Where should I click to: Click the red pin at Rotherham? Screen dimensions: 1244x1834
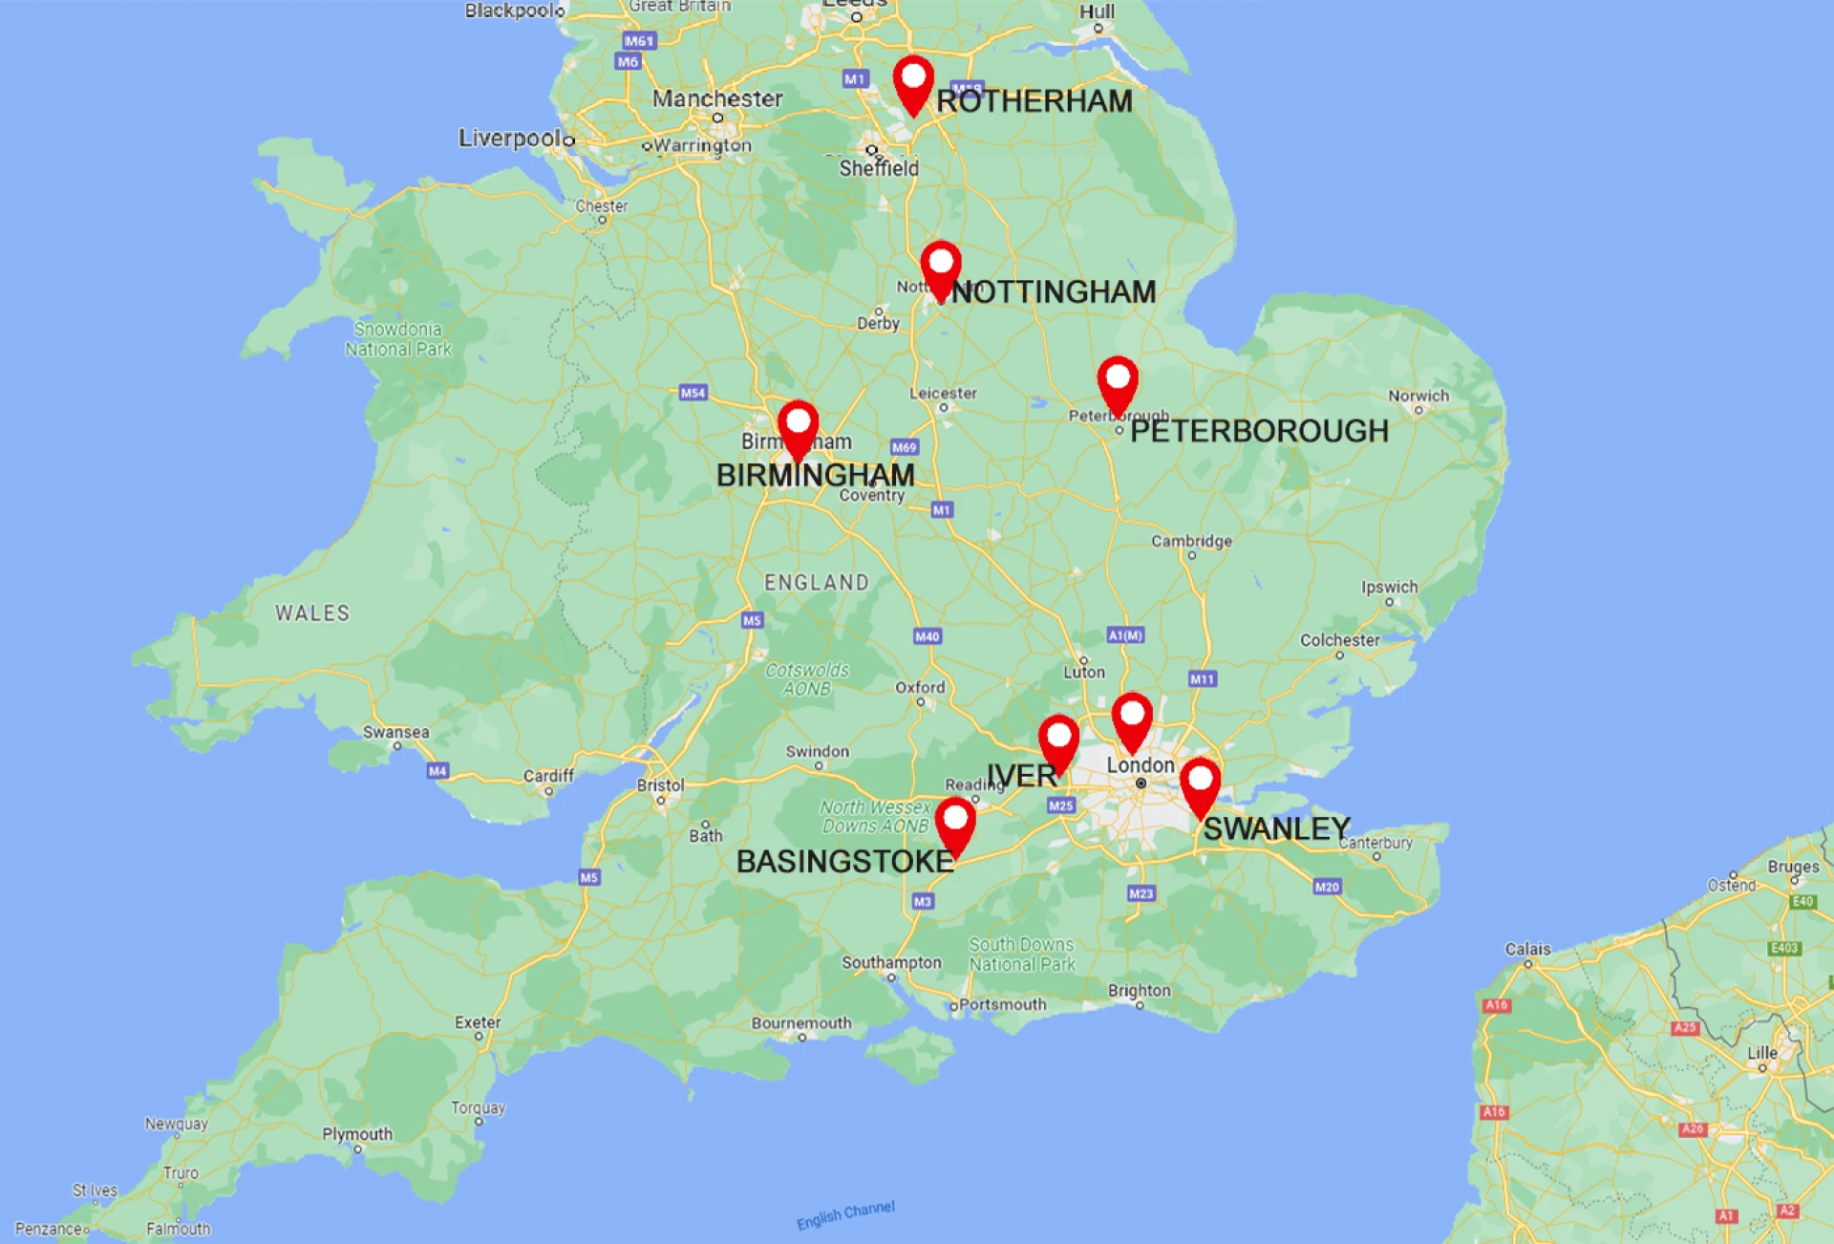pyautogui.click(x=913, y=81)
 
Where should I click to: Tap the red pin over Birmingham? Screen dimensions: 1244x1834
pyautogui.click(x=798, y=426)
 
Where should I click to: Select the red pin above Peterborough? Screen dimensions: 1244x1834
pyautogui.click(x=1117, y=382)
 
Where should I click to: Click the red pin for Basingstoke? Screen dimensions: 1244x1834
pyautogui.click(x=955, y=823)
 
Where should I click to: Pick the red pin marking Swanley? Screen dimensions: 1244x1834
pyautogui.click(x=1200, y=784)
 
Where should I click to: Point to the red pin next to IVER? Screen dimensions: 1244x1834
pyautogui.click(x=1058, y=740)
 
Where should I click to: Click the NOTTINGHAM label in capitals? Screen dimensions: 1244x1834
pyautogui.click(x=1054, y=291)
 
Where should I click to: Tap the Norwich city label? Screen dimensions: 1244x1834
pyautogui.click(x=1418, y=396)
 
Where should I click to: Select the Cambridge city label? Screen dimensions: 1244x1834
pyautogui.click(x=1191, y=541)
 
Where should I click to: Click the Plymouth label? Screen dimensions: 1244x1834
pyautogui.click(x=357, y=1134)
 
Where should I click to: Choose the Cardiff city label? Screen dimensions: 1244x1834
pyautogui.click(x=548, y=776)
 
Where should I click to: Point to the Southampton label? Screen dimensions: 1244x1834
pyautogui.click(x=891, y=962)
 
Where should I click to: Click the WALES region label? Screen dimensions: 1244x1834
pyautogui.click(x=312, y=613)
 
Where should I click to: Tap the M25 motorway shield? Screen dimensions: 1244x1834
pyautogui.click(x=1061, y=805)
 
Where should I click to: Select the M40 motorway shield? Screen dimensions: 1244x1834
pyautogui.click(x=927, y=636)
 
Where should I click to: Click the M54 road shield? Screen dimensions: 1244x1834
pyautogui.click(x=693, y=393)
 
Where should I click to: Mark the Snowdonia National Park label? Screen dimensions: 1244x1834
pyautogui.click(x=398, y=339)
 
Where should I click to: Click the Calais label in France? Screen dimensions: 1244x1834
pyautogui.click(x=1527, y=949)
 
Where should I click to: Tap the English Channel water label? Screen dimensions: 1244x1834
pyautogui.click(x=845, y=1215)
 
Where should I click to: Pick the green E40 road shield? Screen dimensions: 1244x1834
pyautogui.click(x=1802, y=901)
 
